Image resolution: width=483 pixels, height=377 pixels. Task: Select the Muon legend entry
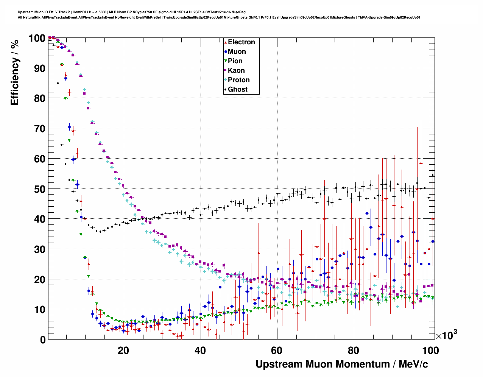click(237, 51)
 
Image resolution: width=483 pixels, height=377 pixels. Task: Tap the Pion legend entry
click(235, 61)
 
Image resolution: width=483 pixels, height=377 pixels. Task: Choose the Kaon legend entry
click(236, 70)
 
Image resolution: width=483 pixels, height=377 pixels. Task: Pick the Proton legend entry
click(238, 80)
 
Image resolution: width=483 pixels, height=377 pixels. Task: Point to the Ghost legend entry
click(237, 89)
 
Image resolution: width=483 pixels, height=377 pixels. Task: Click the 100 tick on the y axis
click(37, 38)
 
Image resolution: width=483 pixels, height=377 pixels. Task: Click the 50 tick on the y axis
click(39, 189)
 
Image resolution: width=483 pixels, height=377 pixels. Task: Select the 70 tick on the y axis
click(39, 129)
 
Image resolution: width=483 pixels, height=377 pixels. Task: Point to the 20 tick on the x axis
click(123, 351)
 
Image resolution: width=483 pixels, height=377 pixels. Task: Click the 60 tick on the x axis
click(277, 351)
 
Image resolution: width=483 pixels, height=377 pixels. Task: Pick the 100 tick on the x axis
click(430, 351)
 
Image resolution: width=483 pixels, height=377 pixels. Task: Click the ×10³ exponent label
click(446, 335)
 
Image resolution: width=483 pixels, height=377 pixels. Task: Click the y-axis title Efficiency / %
click(14, 72)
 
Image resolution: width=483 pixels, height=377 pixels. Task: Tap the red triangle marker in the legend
click(226, 42)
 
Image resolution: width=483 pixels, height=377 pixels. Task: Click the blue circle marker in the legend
click(226, 51)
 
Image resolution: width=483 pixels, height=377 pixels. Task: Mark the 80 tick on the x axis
click(354, 351)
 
